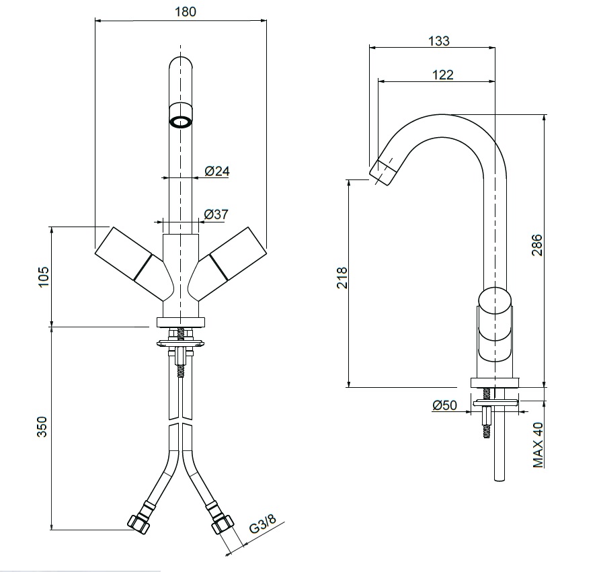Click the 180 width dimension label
(186, 11)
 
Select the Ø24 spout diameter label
(217, 171)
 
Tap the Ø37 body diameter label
(216, 214)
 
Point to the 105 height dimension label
(44, 277)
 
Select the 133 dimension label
(438, 40)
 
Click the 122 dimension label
(442, 75)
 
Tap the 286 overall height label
(536, 245)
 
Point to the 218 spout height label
(342, 278)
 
